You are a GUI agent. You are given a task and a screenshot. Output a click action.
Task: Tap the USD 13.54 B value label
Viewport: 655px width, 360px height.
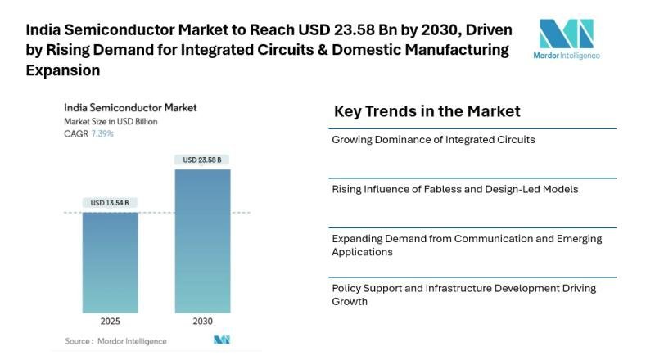pyautogui.click(x=110, y=203)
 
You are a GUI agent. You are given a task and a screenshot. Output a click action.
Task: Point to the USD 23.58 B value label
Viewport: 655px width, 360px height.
pyautogui.click(x=201, y=160)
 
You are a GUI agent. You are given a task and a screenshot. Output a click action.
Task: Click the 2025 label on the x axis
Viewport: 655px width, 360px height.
pyautogui.click(x=110, y=321)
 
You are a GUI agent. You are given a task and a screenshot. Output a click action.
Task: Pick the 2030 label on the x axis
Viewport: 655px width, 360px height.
pyautogui.click(x=201, y=321)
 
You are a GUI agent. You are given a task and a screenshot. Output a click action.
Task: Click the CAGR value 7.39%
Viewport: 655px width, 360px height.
pyautogui.click(x=102, y=133)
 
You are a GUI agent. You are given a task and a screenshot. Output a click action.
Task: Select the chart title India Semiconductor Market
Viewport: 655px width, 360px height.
pyautogui.click(x=130, y=107)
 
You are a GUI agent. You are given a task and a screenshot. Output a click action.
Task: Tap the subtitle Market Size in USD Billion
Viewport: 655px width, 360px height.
pyautogui.click(x=111, y=121)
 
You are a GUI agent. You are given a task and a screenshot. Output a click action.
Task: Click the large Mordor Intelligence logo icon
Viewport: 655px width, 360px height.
pyautogui.click(x=566, y=34)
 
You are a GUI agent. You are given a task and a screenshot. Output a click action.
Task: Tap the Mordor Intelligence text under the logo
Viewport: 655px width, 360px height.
pyautogui.click(x=566, y=56)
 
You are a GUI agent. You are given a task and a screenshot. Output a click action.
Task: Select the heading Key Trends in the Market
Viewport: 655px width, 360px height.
pyautogui.click(x=427, y=111)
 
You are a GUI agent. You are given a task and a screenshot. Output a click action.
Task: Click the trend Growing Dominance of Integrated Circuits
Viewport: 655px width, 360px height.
pyautogui.click(x=433, y=140)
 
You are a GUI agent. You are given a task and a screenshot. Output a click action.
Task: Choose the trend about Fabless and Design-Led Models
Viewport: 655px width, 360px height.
pyautogui.click(x=454, y=189)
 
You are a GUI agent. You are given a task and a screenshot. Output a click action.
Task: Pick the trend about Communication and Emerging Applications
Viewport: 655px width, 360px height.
pyautogui.click(x=467, y=245)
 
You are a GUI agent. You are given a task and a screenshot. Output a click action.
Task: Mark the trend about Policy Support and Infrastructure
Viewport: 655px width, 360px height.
pyautogui.click(x=463, y=295)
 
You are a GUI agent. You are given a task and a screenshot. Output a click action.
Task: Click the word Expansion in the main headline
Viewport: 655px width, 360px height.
pyautogui.click(x=63, y=70)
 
